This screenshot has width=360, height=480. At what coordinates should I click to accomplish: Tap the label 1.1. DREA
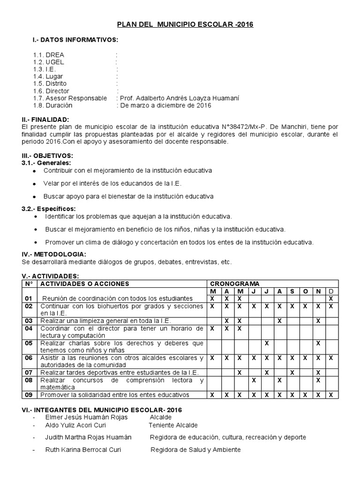[48, 55]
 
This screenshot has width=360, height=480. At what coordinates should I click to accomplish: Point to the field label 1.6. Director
[51, 91]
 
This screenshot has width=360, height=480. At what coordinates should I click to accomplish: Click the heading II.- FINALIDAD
[45, 120]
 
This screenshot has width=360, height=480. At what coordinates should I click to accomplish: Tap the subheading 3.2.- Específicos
[49, 209]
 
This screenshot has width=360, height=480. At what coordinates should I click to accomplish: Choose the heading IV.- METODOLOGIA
[51, 254]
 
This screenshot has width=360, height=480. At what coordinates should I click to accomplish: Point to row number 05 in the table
[29, 343]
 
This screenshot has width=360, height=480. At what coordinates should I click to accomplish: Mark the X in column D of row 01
[330, 299]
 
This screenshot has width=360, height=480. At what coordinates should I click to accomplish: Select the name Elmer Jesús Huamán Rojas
[86, 417]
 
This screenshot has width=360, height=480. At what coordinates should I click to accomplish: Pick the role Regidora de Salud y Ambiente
[195, 450]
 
